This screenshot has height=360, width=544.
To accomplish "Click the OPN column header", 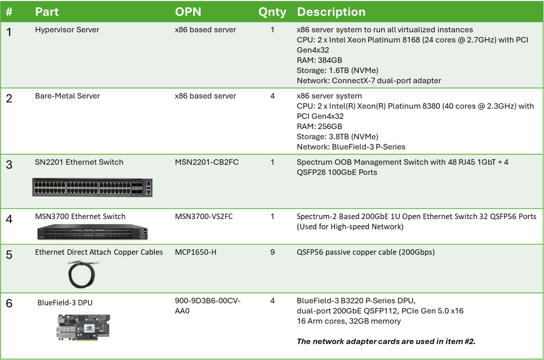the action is [x=188, y=12].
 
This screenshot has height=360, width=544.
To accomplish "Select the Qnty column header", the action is [x=272, y=12].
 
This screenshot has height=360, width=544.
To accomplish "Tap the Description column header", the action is [x=331, y=12].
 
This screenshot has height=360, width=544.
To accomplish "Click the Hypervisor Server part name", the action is [x=67, y=30].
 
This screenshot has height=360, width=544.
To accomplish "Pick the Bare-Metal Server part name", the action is [x=67, y=96].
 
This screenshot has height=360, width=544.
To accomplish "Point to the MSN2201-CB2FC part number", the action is [x=207, y=162].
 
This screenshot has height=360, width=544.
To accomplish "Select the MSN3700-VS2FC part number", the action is [x=204, y=216].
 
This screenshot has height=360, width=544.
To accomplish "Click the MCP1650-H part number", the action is [x=196, y=252].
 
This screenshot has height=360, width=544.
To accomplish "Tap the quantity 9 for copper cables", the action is [x=272, y=252].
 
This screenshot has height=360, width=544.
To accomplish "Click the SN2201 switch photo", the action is [x=92, y=187].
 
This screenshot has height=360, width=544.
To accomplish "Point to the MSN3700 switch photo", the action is [x=92, y=232].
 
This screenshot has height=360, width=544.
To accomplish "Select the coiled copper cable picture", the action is [x=83, y=274].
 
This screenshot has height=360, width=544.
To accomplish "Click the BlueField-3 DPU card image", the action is [x=83, y=328].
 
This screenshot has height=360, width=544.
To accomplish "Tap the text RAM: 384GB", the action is [x=319, y=60].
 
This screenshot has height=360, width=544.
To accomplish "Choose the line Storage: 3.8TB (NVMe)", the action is [x=337, y=136].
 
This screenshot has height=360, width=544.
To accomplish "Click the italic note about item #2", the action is [x=386, y=341].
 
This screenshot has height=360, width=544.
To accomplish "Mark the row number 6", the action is [x=9, y=303].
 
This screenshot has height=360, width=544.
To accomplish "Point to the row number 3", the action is [x=9, y=165].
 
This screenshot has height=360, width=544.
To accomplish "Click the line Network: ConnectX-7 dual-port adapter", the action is [x=369, y=80].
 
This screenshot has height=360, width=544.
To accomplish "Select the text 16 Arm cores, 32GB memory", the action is [x=349, y=321].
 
